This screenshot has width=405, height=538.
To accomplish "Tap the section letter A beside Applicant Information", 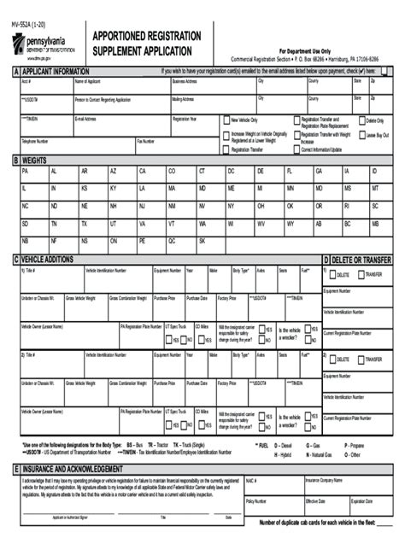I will [x=16, y=72].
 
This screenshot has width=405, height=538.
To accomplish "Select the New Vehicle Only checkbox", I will [x=226, y=120].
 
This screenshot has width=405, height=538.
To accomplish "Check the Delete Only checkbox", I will [x=361, y=120].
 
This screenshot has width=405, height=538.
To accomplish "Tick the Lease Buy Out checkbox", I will [x=361, y=135].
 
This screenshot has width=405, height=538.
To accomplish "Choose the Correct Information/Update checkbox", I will [x=296, y=149].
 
